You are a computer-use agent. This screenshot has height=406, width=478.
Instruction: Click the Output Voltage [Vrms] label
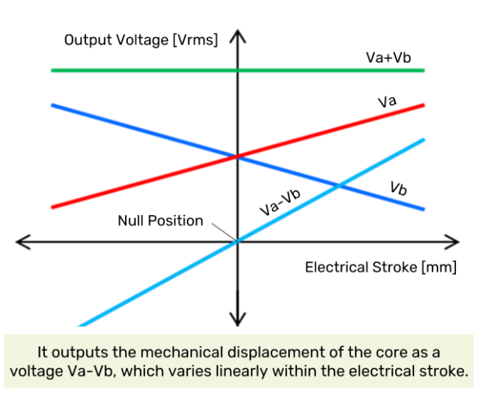pyautogui.click(x=141, y=40)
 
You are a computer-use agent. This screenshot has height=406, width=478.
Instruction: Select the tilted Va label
pyautogui.click(x=387, y=101)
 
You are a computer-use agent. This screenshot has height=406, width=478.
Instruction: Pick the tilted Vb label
pyautogui.click(x=399, y=189)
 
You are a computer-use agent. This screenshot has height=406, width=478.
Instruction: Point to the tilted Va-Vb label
pyautogui.click(x=280, y=201)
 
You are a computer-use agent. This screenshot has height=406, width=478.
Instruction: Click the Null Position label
pyautogui.click(x=160, y=220)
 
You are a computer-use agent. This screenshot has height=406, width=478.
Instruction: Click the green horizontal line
pyautogui.click(x=147, y=70)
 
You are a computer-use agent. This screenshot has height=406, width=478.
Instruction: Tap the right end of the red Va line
pyautogui.click(x=424, y=105)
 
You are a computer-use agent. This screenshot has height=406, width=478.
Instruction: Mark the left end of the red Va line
pyautogui.click(x=51, y=208)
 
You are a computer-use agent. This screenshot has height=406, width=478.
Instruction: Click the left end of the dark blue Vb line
pyautogui.click(x=51, y=105)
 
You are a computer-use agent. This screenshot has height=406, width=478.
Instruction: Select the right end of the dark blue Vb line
pyautogui.click(x=424, y=209)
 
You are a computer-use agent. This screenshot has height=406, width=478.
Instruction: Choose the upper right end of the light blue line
pyautogui.click(x=424, y=139)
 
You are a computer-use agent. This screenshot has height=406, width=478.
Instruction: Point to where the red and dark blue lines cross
pyautogui.click(x=237, y=156)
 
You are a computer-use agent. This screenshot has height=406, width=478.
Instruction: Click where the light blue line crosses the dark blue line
pyautogui.click(x=339, y=185)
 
